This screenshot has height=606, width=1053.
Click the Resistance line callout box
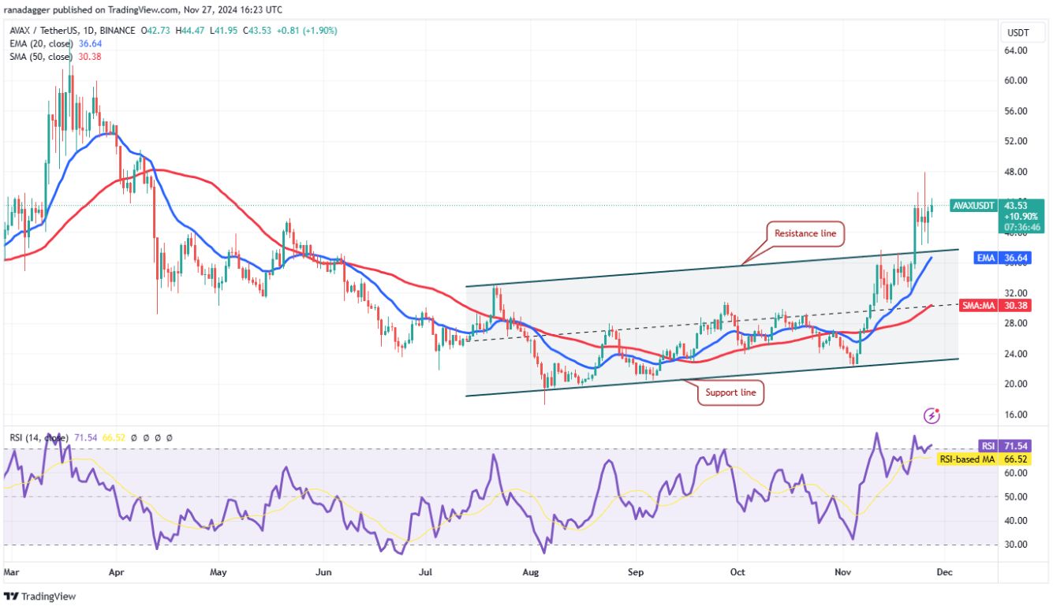[x=805, y=233]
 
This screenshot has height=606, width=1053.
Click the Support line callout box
[x=730, y=392]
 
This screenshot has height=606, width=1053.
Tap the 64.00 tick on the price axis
[x=1016, y=50]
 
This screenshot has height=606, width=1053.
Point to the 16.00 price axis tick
[x=1016, y=415]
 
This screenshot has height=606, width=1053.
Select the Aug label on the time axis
[x=530, y=572]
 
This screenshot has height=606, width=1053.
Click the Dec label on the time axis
[x=944, y=572]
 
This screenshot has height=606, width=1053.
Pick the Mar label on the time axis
[x=11, y=572]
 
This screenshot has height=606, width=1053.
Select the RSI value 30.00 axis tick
[x=1016, y=545]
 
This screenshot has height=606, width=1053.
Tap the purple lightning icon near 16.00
[x=932, y=415]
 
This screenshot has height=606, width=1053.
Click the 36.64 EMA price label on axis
[x=1015, y=258]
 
